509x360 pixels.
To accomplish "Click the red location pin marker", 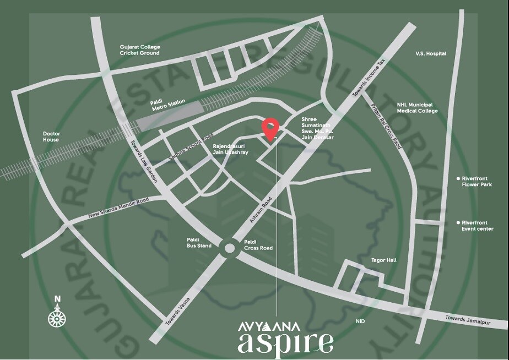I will pyautogui.click(x=270, y=128).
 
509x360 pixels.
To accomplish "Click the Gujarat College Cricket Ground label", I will pyautogui.click(x=140, y=50).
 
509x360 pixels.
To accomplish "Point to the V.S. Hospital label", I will pyautogui.click(x=431, y=53).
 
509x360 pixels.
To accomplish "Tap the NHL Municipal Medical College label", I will pyautogui.click(x=418, y=107).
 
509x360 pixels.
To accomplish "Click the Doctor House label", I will pyautogui.click(x=51, y=137).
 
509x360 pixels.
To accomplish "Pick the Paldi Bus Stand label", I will pyautogui.click(x=199, y=243).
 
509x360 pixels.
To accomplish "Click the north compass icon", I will pyautogui.click(x=57, y=317).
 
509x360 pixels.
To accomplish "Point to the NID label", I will pyautogui.click(x=361, y=321).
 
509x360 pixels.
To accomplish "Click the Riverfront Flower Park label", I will pyautogui.click(x=474, y=182).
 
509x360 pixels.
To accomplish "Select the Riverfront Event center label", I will pyautogui.click(x=477, y=225).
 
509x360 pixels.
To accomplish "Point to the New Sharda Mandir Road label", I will pyautogui.click(x=119, y=209).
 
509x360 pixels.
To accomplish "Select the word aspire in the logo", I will pyautogui.click(x=285, y=342).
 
